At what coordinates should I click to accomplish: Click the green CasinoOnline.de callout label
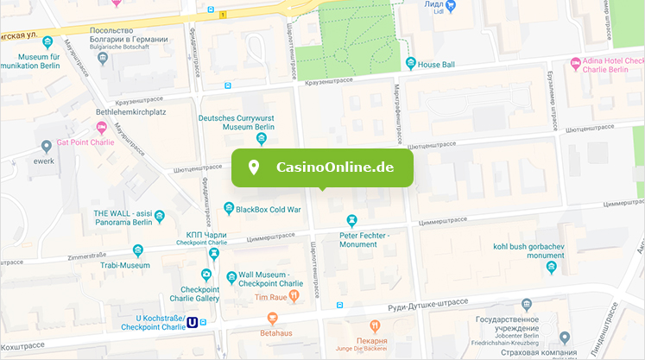pos(322,167)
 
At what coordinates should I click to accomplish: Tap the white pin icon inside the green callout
pos(254,167)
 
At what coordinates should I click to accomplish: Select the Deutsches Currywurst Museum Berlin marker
pos(262,140)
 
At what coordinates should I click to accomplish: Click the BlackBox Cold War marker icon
pos(229,208)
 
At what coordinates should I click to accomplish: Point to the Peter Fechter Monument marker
pos(351,221)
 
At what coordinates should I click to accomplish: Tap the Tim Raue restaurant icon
pos(294,296)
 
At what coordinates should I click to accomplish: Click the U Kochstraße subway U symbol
pos(193,323)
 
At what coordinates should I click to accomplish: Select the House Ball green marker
pos(410,64)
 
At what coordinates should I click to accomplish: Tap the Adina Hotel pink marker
pos(575,63)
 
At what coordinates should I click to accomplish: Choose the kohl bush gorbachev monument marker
pos(551,268)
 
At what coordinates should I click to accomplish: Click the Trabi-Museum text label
pos(123,266)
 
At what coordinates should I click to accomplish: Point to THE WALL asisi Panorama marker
pos(159,215)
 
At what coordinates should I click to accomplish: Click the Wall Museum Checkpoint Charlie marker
pos(231,277)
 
